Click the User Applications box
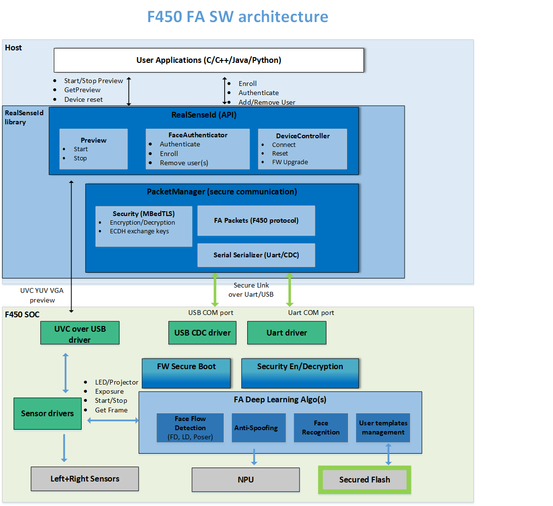pos(209,60)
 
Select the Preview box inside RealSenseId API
pos(94,149)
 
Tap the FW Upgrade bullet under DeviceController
pos(290,162)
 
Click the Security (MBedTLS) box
pos(144,226)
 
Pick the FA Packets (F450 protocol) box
pos(256,220)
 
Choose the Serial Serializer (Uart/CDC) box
pos(256,255)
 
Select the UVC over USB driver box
pos(80,333)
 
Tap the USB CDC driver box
pos(202,333)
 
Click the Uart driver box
pos(287,333)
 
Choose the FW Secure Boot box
pos(186,373)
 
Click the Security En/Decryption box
pos(300,373)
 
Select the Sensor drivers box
pos(48,413)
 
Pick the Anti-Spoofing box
pos(256,428)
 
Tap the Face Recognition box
pos(321,428)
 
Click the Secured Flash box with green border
pos(365,480)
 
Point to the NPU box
pos(246,480)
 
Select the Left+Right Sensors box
pos(85,479)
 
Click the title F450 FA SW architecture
pos(238,17)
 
